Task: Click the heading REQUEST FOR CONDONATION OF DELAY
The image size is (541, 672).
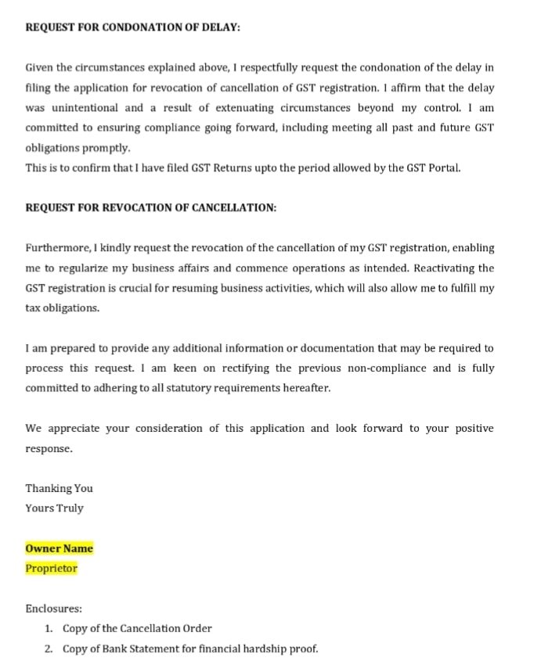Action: pos(132,27)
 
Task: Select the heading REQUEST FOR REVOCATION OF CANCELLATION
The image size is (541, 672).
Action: pos(150,207)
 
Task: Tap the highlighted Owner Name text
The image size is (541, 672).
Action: pos(59,548)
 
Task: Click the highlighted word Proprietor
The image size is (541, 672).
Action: pos(51,569)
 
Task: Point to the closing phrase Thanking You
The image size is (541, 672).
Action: pos(59,488)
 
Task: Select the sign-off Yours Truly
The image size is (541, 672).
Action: pos(54,508)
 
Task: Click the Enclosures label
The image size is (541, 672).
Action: pos(53,609)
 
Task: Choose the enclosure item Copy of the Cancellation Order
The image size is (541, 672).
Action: pos(137,628)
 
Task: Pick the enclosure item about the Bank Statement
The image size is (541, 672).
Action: pos(190,649)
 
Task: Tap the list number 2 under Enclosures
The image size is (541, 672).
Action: pos(49,649)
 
